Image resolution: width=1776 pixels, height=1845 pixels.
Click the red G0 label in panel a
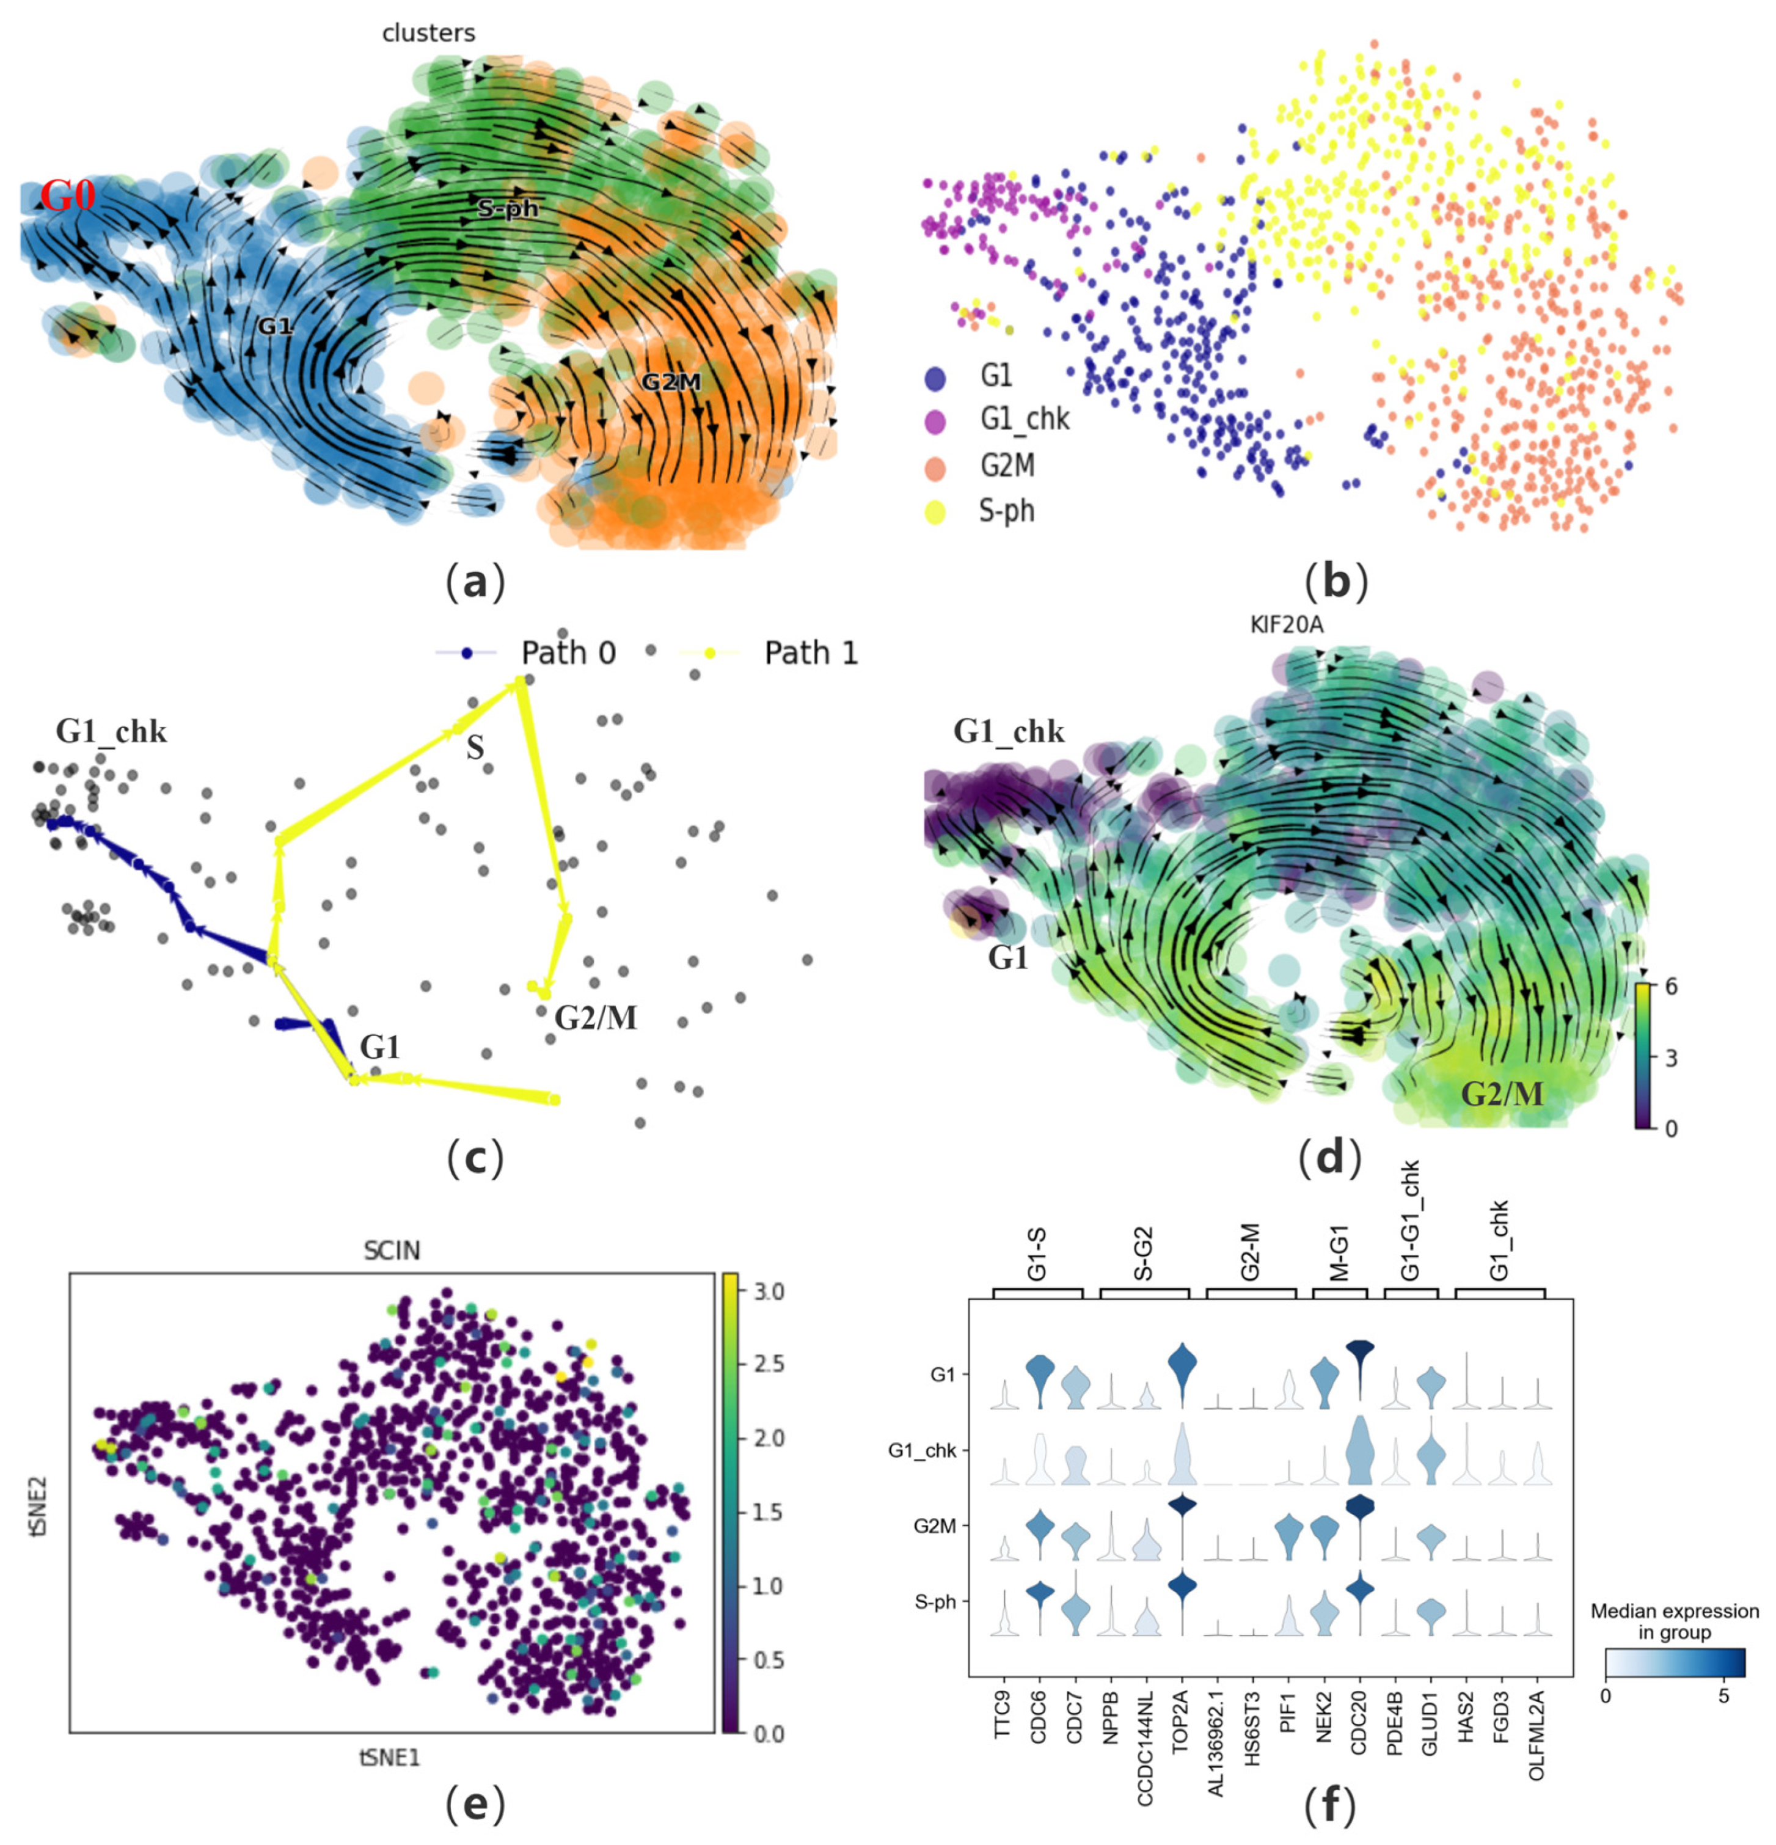coord(68,198)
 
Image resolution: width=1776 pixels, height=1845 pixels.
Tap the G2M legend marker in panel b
coord(935,467)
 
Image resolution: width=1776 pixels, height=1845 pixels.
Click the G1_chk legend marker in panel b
coord(935,422)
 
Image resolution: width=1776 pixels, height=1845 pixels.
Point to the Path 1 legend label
coord(810,652)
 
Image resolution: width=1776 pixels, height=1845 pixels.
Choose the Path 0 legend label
coord(568,652)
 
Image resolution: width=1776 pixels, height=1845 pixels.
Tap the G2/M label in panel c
coord(595,1018)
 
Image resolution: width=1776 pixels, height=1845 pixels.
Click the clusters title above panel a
coord(428,33)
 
